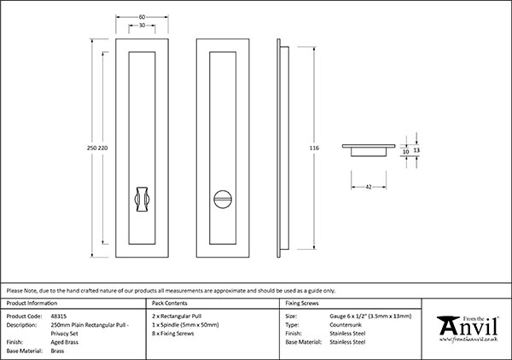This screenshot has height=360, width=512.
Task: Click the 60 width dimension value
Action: click(143, 16)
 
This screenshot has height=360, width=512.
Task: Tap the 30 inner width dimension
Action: click(143, 26)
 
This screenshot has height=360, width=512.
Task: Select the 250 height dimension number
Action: click(92, 148)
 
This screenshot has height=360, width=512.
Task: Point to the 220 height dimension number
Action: click(103, 148)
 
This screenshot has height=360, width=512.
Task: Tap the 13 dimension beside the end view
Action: click(417, 149)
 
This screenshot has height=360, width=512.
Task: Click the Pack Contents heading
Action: click(169, 303)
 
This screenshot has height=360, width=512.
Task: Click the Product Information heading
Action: click(32, 303)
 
